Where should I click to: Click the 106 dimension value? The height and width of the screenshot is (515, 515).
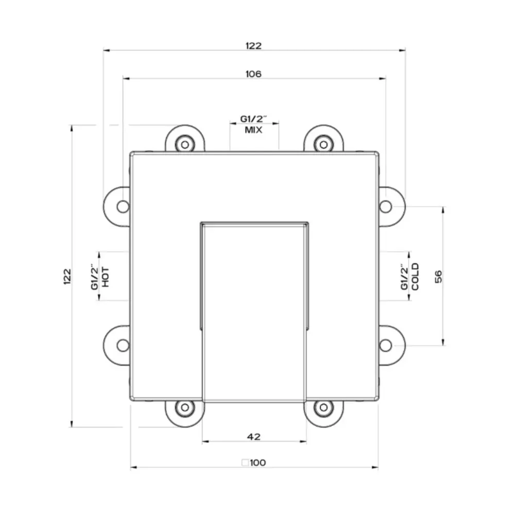tap(253, 74)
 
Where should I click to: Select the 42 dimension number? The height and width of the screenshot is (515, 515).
tap(253, 437)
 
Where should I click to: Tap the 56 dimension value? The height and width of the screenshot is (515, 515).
tap(438, 276)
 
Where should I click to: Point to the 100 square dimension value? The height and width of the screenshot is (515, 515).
tap(258, 462)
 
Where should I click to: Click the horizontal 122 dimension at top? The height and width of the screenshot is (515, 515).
tap(253, 46)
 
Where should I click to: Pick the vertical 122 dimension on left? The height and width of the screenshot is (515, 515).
tap(67, 277)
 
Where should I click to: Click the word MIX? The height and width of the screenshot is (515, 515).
tap(253, 130)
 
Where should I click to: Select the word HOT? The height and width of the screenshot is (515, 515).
tap(106, 277)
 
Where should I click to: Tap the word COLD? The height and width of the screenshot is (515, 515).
tap(415, 277)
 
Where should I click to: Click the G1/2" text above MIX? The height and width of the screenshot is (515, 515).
tap(253, 119)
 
